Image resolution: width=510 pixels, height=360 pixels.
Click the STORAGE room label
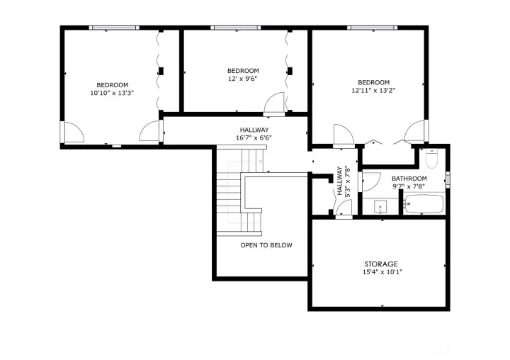point(381,264)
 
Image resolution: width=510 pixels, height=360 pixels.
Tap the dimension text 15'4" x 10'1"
point(382,272)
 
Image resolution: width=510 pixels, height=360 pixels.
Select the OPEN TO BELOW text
point(266,245)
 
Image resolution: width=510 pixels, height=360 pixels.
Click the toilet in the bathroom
point(431,158)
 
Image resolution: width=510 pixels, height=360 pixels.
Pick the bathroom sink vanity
point(380,206)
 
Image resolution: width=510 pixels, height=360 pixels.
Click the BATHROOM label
point(409,179)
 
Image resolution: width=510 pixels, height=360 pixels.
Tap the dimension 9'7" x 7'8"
point(409,186)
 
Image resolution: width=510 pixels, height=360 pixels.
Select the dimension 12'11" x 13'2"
point(373,91)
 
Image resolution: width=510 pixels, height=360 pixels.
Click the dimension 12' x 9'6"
point(243,79)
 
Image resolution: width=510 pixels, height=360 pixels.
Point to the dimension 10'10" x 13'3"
point(112,93)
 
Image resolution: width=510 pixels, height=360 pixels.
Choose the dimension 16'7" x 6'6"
point(254,137)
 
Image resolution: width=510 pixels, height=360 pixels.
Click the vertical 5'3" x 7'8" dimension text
point(348,181)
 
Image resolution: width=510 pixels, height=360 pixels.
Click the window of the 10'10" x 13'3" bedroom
point(114,28)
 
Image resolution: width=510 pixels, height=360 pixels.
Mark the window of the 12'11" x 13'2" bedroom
point(372,28)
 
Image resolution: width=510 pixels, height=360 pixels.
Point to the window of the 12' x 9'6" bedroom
point(235,28)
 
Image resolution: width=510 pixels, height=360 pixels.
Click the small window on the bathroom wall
point(448,180)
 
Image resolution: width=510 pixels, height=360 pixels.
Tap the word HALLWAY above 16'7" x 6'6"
point(254,130)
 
